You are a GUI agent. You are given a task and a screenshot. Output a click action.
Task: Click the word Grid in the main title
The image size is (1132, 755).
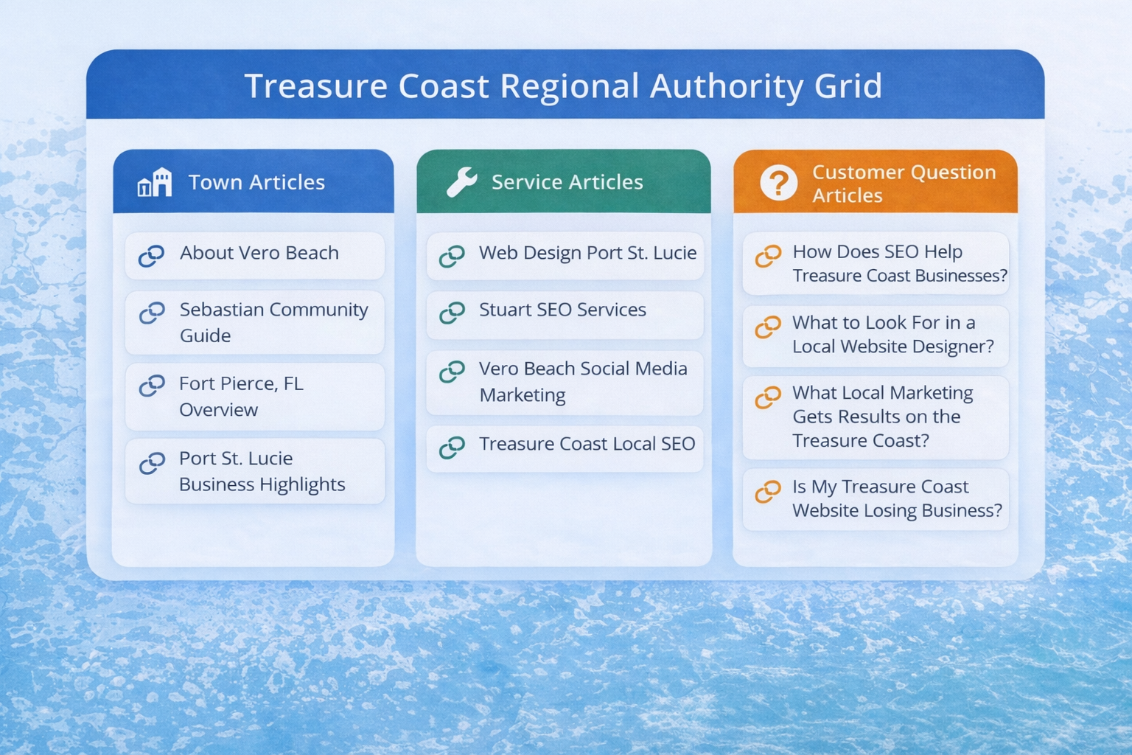[x=848, y=86]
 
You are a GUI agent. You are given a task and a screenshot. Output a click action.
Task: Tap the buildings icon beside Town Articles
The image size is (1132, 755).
[x=155, y=182]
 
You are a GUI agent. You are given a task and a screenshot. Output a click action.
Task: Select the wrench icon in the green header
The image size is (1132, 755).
[x=461, y=181]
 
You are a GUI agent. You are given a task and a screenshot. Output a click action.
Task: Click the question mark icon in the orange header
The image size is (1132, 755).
[x=778, y=183]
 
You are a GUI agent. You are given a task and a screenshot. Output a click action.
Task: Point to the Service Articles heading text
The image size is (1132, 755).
[x=567, y=182]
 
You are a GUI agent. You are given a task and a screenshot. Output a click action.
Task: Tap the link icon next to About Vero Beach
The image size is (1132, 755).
[x=151, y=256]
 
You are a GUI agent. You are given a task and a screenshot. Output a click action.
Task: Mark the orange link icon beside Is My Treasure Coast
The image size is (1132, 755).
[x=768, y=492]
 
